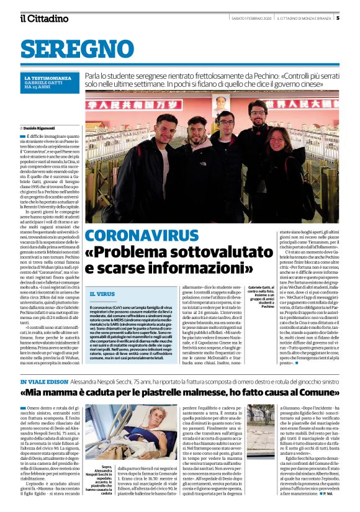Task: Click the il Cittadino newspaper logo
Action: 44,18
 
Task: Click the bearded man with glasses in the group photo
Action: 257,112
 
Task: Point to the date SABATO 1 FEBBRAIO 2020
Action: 248,18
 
